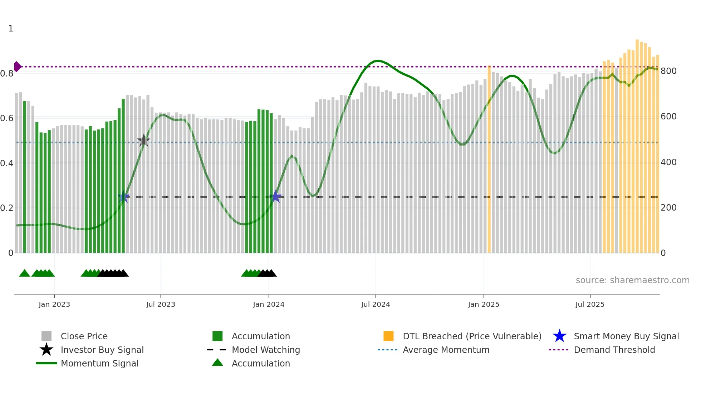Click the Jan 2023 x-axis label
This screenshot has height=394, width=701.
(x=54, y=305)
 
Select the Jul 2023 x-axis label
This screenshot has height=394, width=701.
(x=161, y=305)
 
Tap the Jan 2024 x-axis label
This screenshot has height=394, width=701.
(x=269, y=305)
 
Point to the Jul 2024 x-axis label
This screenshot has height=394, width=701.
(x=376, y=305)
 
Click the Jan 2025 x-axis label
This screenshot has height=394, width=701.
(x=484, y=305)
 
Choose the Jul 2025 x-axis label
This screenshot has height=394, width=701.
(x=590, y=305)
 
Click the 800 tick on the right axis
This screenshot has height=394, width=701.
(x=668, y=71)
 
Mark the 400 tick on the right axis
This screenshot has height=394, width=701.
(x=668, y=162)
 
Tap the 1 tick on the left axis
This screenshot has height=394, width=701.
(x=11, y=29)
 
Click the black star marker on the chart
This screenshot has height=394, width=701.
(x=144, y=141)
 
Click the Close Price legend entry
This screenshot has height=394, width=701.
(x=84, y=336)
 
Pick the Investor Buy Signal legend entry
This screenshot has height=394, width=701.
(x=102, y=350)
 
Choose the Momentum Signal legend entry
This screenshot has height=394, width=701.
(x=99, y=364)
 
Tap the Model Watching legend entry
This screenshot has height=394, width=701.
(x=266, y=350)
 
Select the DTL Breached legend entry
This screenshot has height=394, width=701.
(x=472, y=336)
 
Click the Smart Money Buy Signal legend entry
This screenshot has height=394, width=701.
(x=626, y=336)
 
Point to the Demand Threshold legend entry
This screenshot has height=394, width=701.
(x=614, y=350)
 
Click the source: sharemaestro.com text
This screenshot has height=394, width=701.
(x=632, y=280)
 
